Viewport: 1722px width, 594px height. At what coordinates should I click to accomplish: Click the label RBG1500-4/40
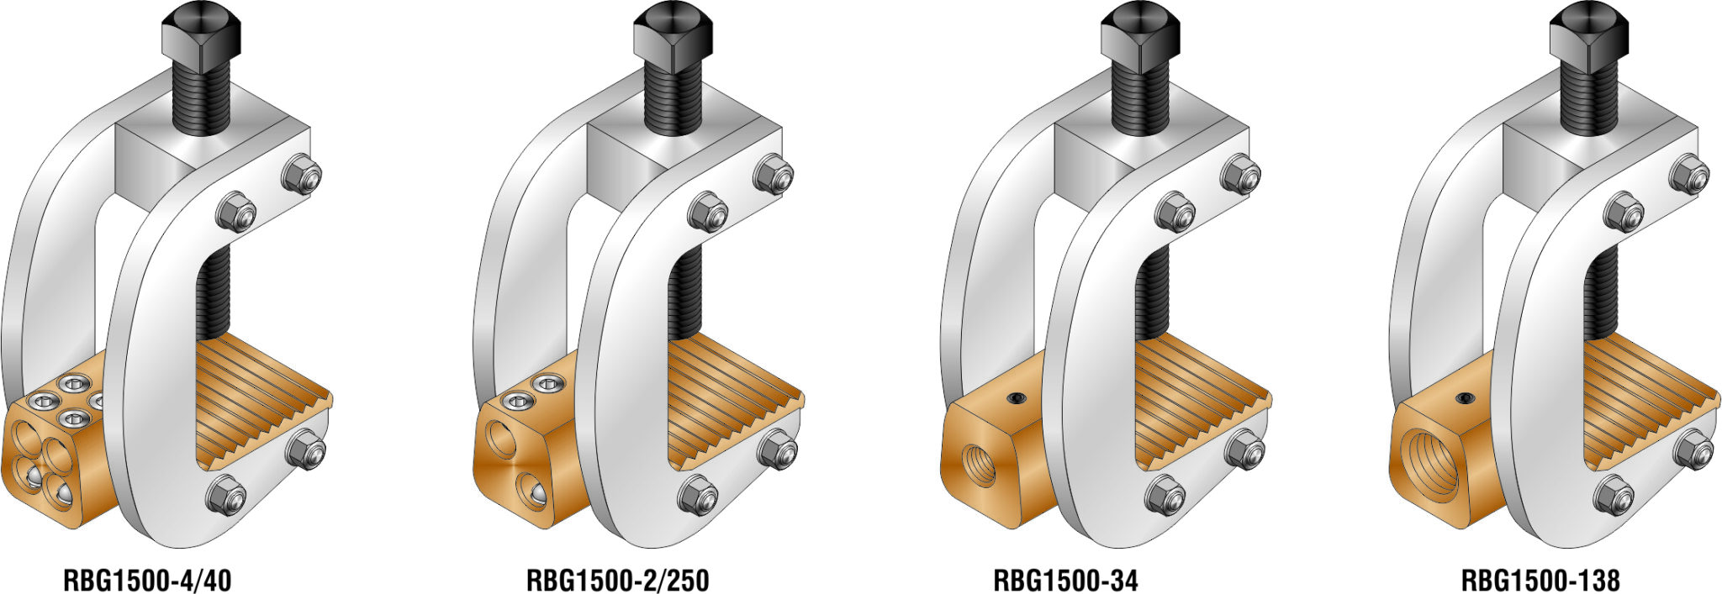pos(147,580)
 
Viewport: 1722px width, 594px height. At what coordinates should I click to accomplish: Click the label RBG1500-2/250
pos(617,580)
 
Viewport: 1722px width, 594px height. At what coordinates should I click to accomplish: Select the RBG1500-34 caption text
pos(1065,580)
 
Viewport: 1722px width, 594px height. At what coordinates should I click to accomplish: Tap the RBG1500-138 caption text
pos(1540,580)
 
